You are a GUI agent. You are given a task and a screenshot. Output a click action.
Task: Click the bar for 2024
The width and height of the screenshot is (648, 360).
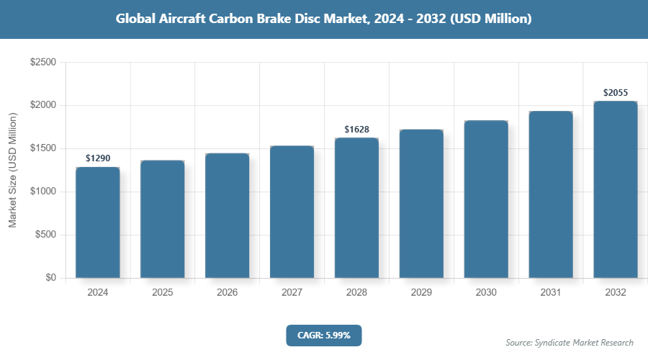[x=97, y=222]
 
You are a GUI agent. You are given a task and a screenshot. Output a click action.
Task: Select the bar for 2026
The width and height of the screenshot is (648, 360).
[x=227, y=215]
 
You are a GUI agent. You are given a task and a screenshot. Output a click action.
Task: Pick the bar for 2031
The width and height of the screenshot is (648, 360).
[x=551, y=194]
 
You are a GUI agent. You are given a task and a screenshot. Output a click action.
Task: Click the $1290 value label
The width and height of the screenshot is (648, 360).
[x=98, y=158]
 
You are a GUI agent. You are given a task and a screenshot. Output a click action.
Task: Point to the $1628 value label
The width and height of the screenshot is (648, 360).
[x=356, y=130]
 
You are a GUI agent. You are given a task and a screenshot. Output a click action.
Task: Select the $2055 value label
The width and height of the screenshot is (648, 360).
[x=616, y=93]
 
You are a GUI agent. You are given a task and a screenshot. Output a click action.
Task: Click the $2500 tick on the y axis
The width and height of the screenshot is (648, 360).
[x=43, y=63]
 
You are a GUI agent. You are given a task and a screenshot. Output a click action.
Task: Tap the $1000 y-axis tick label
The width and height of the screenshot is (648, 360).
[x=43, y=192]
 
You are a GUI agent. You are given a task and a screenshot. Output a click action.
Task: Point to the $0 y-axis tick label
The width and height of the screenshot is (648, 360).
[x=50, y=278]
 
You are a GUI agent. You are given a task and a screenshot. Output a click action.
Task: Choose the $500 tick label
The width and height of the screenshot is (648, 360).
[x=46, y=235]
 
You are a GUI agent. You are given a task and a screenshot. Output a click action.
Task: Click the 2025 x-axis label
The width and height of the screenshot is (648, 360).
[x=162, y=293]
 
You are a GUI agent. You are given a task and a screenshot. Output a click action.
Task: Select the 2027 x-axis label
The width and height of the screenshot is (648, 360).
[x=292, y=293]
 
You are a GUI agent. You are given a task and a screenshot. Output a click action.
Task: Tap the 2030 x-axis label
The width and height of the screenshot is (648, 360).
[x=486, y=293]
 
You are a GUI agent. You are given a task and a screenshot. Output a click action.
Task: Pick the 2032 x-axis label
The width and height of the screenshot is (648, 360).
[x=616, y=293]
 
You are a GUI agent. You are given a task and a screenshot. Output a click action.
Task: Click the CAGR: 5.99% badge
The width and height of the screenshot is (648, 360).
[x=323, y=335]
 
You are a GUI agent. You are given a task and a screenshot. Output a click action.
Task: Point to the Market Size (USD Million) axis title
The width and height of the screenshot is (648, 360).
[x=12, y=170]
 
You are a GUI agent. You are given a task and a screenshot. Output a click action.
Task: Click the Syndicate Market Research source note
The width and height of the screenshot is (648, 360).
[x=570, y=342]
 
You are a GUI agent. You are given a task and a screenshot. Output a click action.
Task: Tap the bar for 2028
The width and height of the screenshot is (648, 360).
[x=356, y=208]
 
